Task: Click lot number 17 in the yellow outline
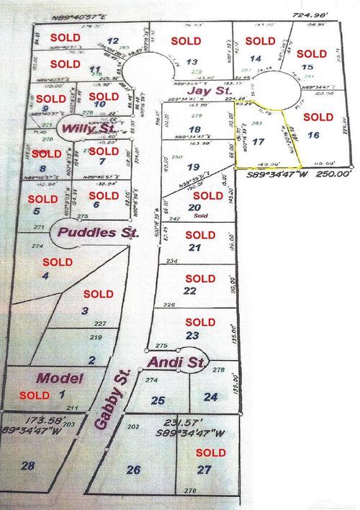click(x=259, y=142)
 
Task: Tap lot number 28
click(x=28, y=467)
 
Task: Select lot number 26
click(x=133, y=470)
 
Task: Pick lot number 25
click(x=158, y=400)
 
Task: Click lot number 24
click(x=210, y=396)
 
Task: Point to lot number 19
click(x=192, y=166)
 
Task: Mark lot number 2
click(x=91, y=359)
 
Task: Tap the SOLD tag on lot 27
click(x=211, y=452)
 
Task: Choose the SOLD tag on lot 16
click(x=318, y=117)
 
